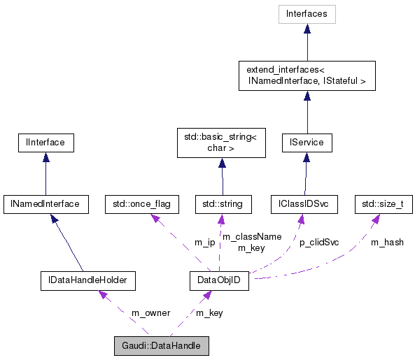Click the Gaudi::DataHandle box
161,346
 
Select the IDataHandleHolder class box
87,281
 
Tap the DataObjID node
220,281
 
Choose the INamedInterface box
45,205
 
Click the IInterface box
45,143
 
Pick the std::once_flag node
141,205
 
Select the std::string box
222,205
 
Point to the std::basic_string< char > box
222,143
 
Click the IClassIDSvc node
304,205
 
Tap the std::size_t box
383,205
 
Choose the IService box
307,143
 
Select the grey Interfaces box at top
307,14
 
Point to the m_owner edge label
150,312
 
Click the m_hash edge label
386,243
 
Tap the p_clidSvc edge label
319,243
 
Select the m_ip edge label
204,243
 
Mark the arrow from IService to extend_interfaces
307,112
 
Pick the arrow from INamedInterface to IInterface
45,174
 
